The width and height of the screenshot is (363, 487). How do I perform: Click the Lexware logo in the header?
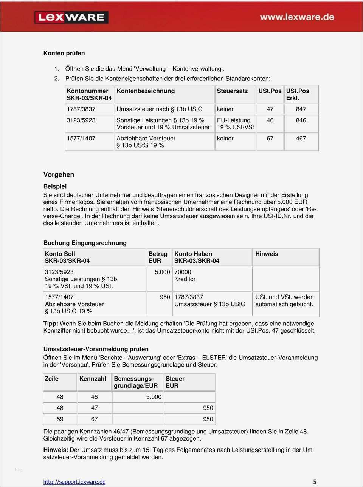[x=71, y=17]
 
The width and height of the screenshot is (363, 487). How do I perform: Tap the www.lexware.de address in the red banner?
[x=297, y=17]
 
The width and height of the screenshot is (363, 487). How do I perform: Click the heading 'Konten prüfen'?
[x=64, y=53]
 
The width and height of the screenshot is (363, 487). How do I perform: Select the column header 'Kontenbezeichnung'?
[x=146, y=91]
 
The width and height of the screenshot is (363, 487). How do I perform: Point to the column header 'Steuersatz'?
[x=232, y=91]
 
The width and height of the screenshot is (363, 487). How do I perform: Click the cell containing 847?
[x=301, y=109]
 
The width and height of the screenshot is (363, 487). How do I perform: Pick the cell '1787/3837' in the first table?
[x=81, y=109]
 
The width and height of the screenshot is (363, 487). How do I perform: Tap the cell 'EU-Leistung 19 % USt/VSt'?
[x=235, y=124]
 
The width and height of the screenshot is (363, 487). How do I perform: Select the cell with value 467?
[x=301, y=138]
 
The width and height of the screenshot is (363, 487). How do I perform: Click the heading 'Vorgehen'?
[x=59, y=174]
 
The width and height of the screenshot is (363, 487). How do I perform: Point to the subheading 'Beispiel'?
[x=55, y=186]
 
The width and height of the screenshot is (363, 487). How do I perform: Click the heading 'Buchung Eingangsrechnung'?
[x=85, y=243]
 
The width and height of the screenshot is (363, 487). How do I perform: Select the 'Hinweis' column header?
[x=267, y=254]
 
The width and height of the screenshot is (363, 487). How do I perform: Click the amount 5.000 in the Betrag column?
[x=162, y=272]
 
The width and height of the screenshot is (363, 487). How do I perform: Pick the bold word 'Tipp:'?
[x=51, y=324]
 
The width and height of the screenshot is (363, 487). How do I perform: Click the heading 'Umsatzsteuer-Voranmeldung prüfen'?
[x=96, y=349]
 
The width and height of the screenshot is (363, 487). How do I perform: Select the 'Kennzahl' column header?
[x=93, y=379]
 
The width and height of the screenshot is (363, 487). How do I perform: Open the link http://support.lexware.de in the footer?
[x=74, y=482]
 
